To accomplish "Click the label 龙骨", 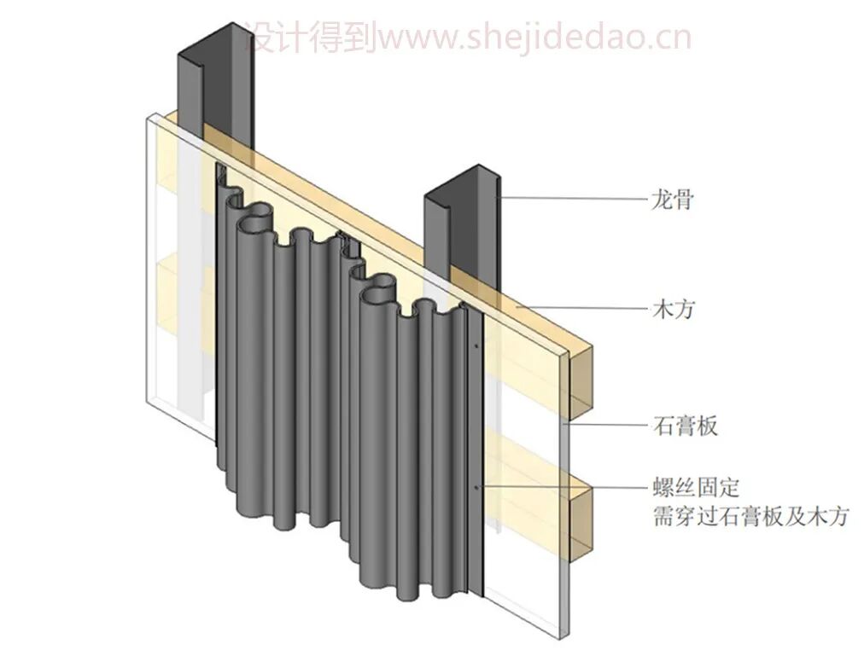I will click(x=671, y=200).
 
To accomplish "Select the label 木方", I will click(x=671, y=309).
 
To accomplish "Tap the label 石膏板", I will click(x=683, y=424).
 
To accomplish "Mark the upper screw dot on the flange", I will click(x=476, y=347).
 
